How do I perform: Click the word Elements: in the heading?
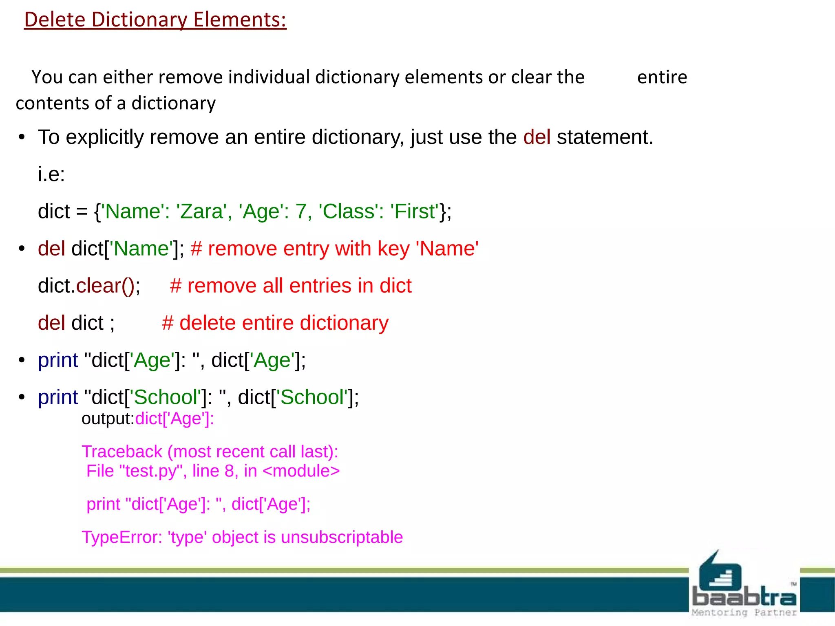(x=240, y=20)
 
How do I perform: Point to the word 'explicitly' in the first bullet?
(x=104, y=137)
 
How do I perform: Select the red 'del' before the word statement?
(x=537, y=137)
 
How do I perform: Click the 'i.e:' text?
(x=51, y=174)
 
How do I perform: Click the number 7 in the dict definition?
(x=300, y=212)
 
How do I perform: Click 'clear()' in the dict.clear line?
(x=108, y=286)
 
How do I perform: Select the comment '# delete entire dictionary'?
(x=275, y=323)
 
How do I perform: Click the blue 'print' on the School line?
(x=58, y=397)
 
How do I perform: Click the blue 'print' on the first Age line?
(x=58, y=360)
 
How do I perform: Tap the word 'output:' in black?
(x=108, y=419)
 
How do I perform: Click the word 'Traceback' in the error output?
(x=122, y=452)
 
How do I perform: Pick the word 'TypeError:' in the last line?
(x=122, y=537)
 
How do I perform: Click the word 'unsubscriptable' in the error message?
(x=342, y=537)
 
